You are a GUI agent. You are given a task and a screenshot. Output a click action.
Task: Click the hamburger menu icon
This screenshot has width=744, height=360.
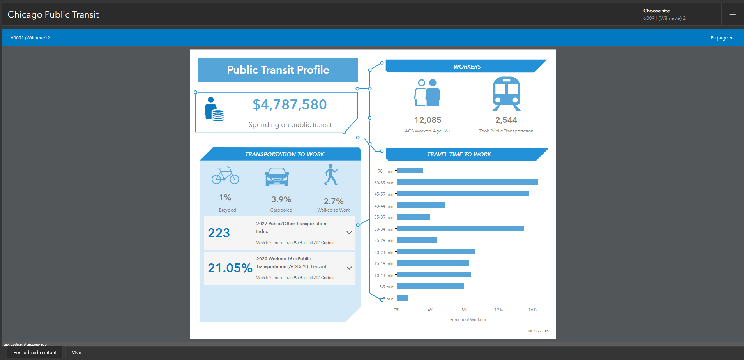(732, 14)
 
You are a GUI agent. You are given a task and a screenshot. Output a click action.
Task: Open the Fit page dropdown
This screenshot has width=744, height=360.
(721, 38)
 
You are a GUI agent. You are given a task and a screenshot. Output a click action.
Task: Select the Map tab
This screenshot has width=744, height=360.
(76, 353)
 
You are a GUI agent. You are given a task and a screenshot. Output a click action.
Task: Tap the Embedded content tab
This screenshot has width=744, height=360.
(35, 353)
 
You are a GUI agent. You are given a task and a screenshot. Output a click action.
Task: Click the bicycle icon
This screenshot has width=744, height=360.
(225, 175)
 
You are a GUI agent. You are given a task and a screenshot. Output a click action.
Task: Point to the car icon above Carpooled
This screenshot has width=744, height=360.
(277, 177)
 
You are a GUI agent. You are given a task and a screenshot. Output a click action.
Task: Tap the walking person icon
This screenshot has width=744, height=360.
(331, 175)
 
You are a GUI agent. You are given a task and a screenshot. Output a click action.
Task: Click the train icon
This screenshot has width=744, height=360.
(506, 94)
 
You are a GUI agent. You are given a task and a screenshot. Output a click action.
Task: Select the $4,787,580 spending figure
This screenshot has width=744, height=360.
(290, 104)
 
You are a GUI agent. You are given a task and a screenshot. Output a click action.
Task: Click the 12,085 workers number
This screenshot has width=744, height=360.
(428, 120)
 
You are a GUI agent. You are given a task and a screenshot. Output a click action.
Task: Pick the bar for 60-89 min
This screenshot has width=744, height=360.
(467, 182)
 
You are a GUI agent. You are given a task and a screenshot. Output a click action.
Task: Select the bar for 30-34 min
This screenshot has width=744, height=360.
(460, 228)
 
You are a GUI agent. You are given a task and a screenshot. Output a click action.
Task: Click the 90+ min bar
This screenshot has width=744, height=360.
(410, 171)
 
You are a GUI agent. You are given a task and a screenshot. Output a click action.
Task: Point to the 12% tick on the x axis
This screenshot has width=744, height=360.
(498, 310)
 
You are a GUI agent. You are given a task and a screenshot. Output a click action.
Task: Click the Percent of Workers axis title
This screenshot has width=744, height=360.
(468, 319)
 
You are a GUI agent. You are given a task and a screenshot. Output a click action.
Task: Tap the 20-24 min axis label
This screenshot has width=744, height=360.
(383, 252)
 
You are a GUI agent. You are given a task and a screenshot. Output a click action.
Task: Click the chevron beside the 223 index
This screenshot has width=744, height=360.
(349, 233)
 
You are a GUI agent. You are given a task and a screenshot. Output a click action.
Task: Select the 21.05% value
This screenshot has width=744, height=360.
(230, 268)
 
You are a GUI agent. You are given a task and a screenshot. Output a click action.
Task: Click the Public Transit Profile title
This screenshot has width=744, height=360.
(278, 70)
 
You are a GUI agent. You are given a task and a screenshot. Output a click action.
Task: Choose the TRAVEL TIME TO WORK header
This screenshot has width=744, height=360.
(459, 154)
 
